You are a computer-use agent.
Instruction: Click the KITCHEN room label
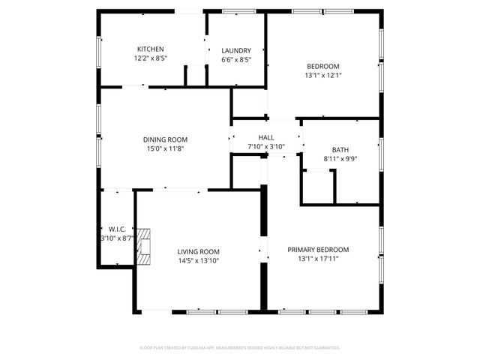(150, 49)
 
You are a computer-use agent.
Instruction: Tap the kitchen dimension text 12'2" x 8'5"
(150, 58)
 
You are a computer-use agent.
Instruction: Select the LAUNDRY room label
(236, 51)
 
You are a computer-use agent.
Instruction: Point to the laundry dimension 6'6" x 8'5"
(236, 60)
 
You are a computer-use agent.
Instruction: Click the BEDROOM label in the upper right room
(323, 66)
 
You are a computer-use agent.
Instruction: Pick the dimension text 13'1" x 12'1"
(323, 75)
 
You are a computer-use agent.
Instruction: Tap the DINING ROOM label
(165, 139)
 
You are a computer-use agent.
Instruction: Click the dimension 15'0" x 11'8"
(165, 148)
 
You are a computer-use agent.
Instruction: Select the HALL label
(266, 138)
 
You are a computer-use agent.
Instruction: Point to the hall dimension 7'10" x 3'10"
(266, 146)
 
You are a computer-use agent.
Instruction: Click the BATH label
(340, 150)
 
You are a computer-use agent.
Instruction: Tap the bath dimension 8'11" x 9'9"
(340, 159)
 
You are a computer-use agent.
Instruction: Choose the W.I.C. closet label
(116, 229)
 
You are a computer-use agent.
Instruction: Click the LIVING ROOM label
(198, 252)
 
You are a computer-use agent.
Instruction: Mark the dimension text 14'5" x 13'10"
(198, 261)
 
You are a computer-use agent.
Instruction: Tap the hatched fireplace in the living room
(144, 247)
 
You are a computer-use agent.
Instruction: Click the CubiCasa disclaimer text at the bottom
(240, 348)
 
